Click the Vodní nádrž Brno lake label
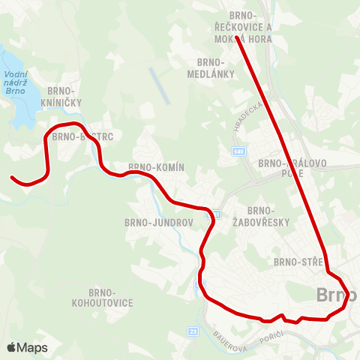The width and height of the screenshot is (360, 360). tap(15, 79)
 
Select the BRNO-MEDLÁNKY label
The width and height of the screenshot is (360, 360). tap(212, 67)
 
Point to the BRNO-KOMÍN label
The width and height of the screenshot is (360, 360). tap(156, 167)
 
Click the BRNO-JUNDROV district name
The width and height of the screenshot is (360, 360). tap(160, 223)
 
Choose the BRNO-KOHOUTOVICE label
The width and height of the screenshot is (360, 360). tap(102, 297)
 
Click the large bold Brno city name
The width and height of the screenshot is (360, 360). tap(338, 294)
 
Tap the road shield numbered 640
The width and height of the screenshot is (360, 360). tap(238, 152)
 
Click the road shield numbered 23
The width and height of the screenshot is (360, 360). tap(193, 331)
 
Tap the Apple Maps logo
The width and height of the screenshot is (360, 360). tap(27, 348)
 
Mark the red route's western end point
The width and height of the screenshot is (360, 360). tap(13, 178)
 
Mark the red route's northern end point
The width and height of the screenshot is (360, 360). tap(236, 37)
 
